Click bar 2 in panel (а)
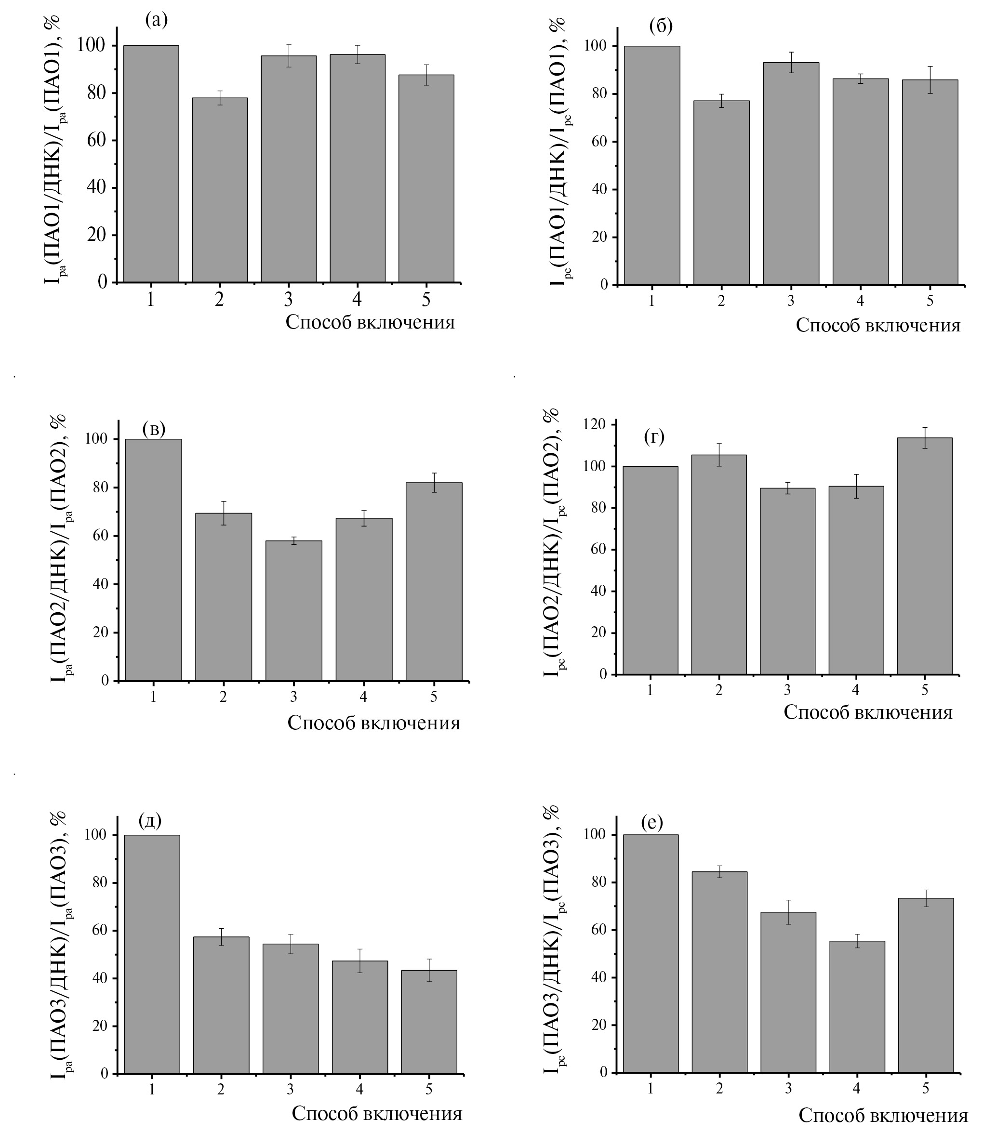pyautogui.click(x=219, y=190)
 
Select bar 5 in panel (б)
pyautogui.click(x=930, y=182)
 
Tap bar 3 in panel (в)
pyautogui.click(x=293, y=610)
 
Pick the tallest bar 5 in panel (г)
pyautogui.click(x=925, y=556)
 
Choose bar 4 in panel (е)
pyautogui.click(x=857, y=1007)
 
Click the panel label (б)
pyautogui.click(x=661, y=26)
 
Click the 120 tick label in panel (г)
pyautogui.click(x=595, y=425)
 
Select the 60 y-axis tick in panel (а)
pyautogui.click(x=96, y=140)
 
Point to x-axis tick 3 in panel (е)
pyautogui.click(x=788, y=1089)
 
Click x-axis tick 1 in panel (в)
pyautogui.click(x=153, y=697)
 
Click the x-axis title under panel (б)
pyautogui.click(x=877, y=325)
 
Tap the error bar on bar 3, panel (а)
pyautogui.click(x=289, y=55)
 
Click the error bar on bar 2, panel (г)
pyautogui.click(x=718, y=455)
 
